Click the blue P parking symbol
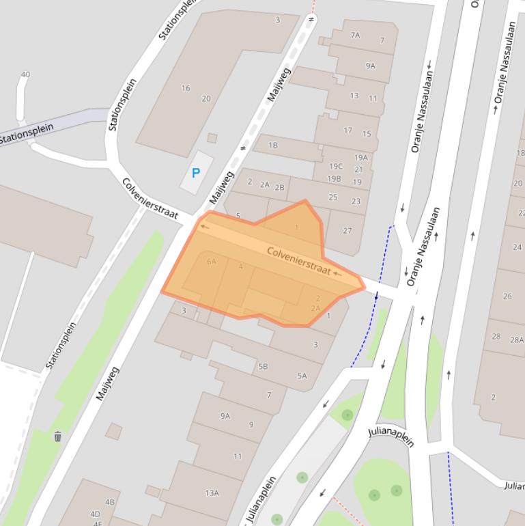(196, 174)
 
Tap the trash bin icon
(58, 437)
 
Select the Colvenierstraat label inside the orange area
(298, 261)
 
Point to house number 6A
(211, 261)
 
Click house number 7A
(355, 35)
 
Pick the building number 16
(186, 88)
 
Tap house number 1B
(273, 145)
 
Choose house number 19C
(336, 166)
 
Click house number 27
(347, 230)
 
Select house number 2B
(279, 187)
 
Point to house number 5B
(263, 366)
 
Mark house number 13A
(212, 493)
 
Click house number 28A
(517, 340)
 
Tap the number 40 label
(25, 74)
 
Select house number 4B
(110, 502)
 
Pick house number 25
(333, 197)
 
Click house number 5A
(302, 376)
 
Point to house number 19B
(334, 179)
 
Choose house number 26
(507, 296)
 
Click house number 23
(356, 202)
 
